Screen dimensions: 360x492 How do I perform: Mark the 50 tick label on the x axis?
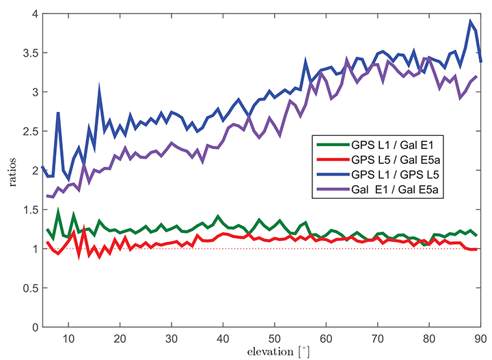pos(274,338)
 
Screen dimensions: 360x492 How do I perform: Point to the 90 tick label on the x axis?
pos(480,338)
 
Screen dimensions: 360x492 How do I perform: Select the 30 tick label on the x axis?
pos(171,338)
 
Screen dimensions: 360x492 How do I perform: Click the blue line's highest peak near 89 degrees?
pos(470,21)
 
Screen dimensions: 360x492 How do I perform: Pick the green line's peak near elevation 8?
pos(58,212)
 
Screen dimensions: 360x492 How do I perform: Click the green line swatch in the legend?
pos(330,145)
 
